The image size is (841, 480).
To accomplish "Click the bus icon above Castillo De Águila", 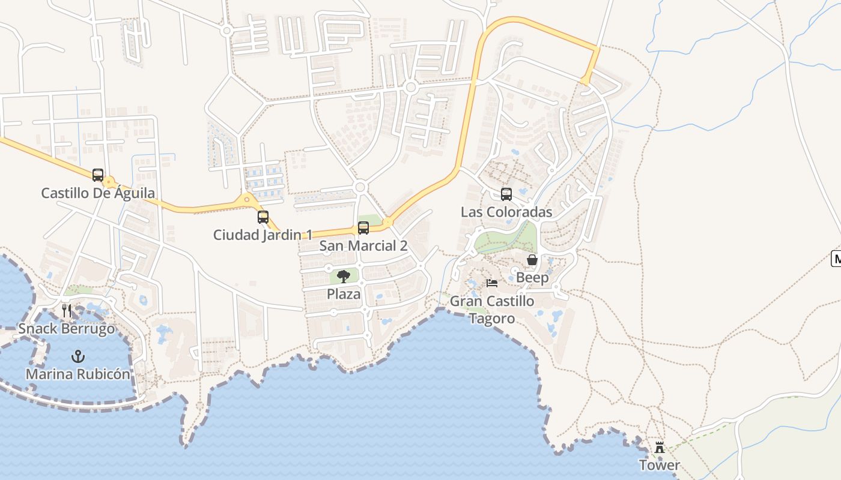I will coord(98,175).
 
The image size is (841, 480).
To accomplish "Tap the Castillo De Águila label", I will coord(98,193).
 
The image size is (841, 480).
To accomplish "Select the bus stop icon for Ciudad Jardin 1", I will coord(263,217).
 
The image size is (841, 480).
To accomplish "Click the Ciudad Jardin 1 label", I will coord(263,235).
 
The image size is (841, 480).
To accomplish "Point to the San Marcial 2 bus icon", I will coord(363,228).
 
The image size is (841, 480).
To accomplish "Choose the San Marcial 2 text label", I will coord(363,245).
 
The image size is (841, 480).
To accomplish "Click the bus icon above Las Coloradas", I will coord(506,194).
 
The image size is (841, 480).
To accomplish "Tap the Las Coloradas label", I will coord(506,212).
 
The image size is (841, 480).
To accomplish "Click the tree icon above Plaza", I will coord(344,277).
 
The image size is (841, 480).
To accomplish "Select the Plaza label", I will coord(344,294).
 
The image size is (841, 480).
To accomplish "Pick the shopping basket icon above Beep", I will coord(532,260).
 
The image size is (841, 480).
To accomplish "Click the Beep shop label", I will coord(532,277).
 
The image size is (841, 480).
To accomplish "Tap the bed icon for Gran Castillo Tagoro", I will coord(492,283).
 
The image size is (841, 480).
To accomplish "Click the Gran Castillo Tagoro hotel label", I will coord(492,310).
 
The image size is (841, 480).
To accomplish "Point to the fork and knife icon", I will coord(67,311).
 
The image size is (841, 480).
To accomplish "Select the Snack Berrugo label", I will coord(66,329).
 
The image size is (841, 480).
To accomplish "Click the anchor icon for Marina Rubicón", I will coord(77,356).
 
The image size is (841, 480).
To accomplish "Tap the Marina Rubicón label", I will coord(77,374).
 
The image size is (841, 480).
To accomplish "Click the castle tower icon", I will coord(660,448).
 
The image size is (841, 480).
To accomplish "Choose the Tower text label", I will coord(660,465).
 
